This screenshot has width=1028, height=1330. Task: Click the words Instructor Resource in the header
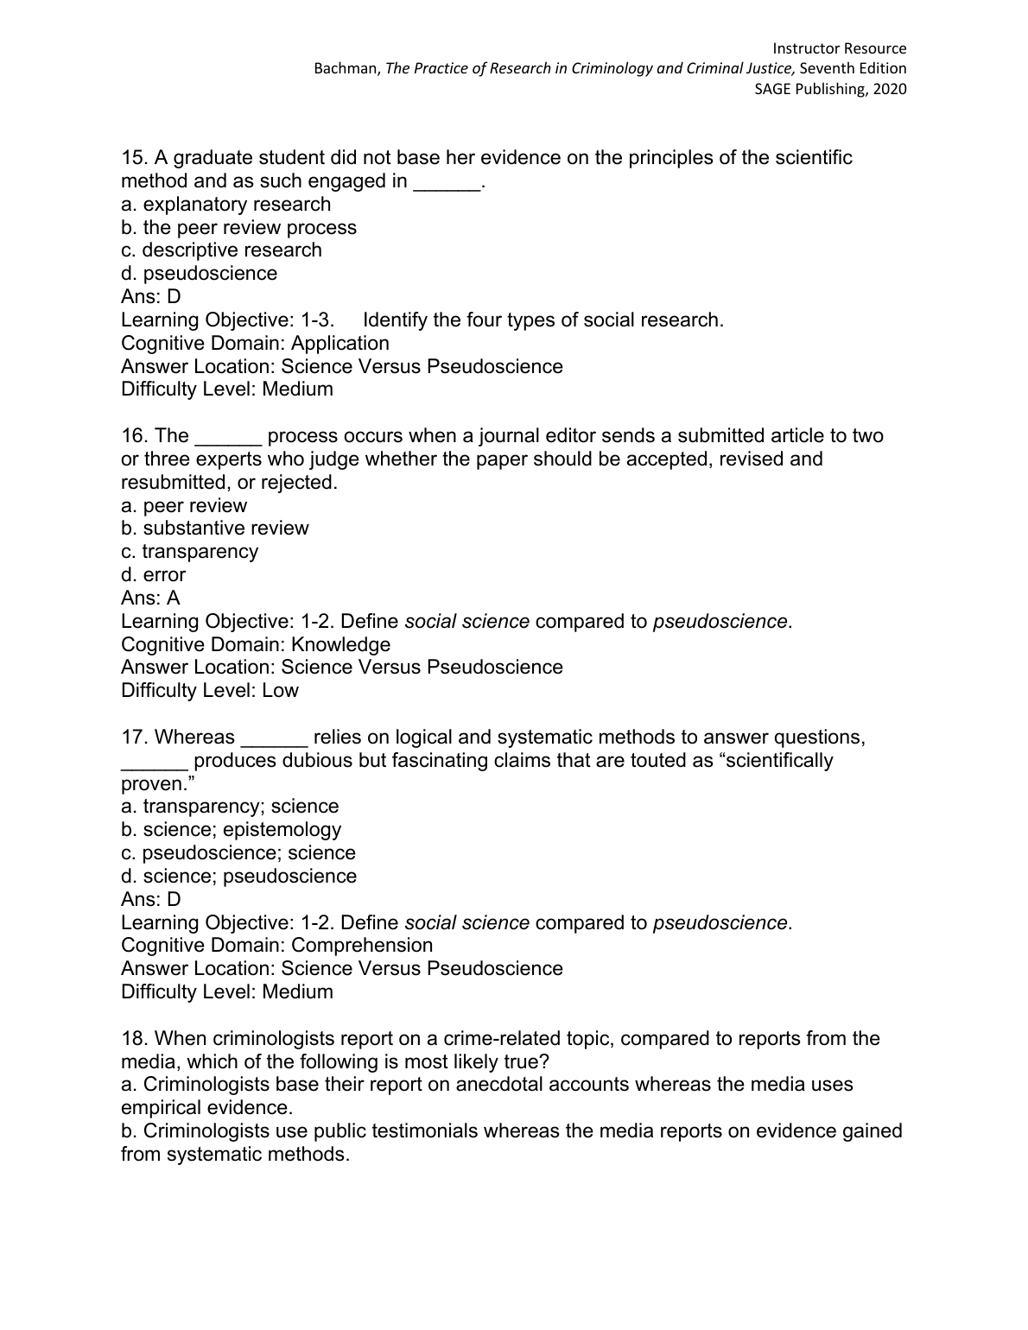click(839, 48)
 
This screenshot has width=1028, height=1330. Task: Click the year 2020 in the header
click(889, 89)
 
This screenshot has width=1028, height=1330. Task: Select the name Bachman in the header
click(346, 69)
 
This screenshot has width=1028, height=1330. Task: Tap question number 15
click(134, 158)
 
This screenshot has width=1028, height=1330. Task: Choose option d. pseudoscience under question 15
click(200, 274)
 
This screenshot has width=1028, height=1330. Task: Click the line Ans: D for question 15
click(151, 297)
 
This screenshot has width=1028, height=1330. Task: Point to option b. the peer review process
click(238, 228)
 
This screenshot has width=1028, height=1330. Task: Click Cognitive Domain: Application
click(255, 344)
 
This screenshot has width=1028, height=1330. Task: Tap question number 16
click(134, 436)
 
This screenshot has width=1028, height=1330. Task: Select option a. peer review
click(184, 506)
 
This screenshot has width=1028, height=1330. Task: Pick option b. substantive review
click(215, 529)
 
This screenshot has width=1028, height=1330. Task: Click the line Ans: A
click(151, 598)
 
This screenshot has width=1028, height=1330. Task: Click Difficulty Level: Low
click(210, 691)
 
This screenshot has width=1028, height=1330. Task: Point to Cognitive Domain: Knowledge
click(256, 645)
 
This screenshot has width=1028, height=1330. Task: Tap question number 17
click(134, 738)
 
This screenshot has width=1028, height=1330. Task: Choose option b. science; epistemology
click(232, 830)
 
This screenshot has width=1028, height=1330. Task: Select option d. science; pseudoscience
click(239, 877)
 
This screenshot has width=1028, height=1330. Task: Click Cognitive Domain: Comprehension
click(277, 946)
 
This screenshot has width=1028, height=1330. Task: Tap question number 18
click(134, 1039)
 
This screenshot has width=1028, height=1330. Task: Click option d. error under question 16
click(154, 575)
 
